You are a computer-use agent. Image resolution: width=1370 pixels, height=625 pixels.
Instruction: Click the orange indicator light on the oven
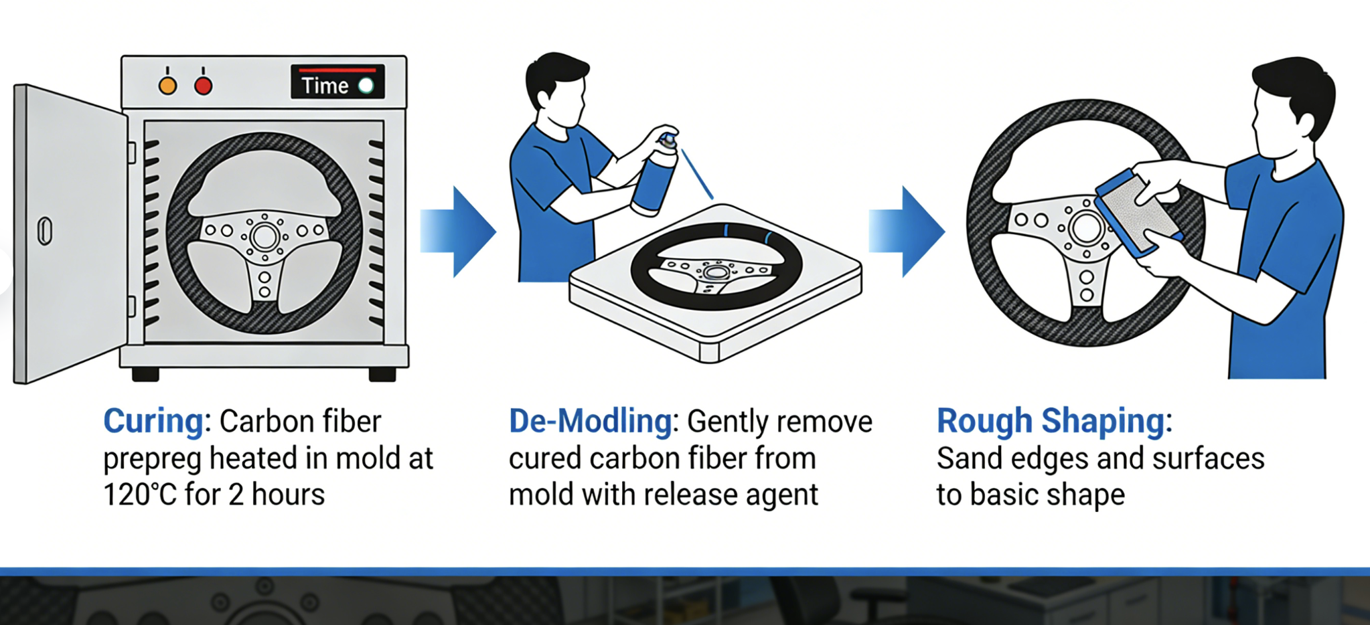pos(167,86)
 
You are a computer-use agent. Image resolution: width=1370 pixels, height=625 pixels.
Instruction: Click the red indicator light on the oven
pos(204,86)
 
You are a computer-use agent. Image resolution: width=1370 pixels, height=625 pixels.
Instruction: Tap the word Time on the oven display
pos(325,86)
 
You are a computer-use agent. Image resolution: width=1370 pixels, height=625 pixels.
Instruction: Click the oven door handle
pos(45,231)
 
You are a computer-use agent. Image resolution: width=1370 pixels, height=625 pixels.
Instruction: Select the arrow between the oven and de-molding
pos(458,232)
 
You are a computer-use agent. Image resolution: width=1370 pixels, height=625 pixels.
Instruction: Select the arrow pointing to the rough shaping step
pos(907,232)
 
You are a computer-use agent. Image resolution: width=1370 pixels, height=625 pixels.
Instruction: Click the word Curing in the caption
pos(153,422)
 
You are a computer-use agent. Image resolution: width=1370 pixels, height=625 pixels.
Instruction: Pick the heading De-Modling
pos(591,422)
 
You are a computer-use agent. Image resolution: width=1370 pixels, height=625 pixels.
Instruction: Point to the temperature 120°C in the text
pos(140,495)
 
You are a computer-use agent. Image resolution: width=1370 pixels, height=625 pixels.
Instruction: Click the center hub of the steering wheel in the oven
pos(264,236)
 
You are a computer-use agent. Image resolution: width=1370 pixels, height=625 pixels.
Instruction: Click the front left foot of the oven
pos(145,374)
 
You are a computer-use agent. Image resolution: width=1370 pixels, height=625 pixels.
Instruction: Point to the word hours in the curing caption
pos(289,495)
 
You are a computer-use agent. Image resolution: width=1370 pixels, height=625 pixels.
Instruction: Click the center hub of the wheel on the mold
pos(716,272)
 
